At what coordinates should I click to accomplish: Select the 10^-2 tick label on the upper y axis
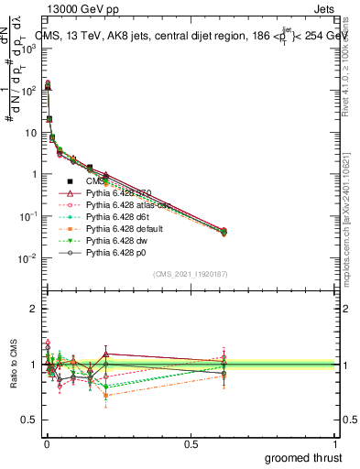coord(27,257)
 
